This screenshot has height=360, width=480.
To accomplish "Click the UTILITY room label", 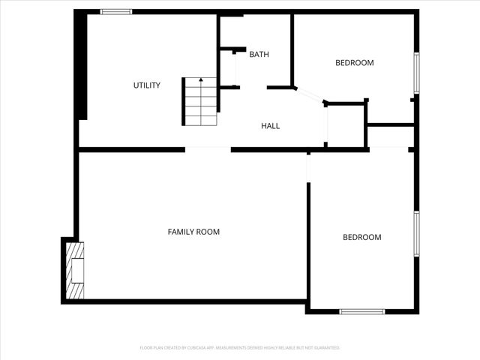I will (x=147, y=85).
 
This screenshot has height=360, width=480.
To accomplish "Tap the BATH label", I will (x=259, y=54).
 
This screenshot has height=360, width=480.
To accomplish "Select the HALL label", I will (x=270, y=126).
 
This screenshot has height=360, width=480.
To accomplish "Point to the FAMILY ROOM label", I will (x=193, y=232).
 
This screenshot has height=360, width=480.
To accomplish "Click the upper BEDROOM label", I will (x=354, y=63).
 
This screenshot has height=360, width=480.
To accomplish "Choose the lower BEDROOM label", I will (x=362, y=238).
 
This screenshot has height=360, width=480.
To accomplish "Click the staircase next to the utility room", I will (x=200, y=102).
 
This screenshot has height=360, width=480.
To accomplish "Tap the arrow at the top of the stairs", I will (x=200, y=79).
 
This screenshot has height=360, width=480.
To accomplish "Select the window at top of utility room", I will (x=116, y=11).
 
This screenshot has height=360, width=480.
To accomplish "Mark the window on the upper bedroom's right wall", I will (x=417, y=73).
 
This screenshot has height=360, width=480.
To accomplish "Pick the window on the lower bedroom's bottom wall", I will (x=362, y=311).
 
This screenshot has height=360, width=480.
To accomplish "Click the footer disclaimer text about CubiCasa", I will (x=240, y=348).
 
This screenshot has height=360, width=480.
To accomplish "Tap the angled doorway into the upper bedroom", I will (x=310, y=95).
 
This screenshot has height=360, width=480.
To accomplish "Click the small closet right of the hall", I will (x=346, y=126).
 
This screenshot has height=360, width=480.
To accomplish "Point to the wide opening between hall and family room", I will (x=208, y=149).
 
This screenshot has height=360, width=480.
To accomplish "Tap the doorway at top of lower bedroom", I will (x=308, y=165).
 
